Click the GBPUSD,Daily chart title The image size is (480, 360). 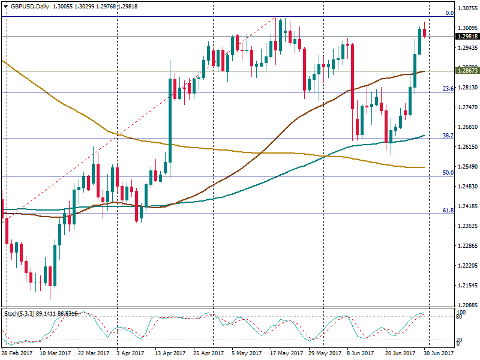point(26,6)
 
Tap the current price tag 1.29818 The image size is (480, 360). point(467,36)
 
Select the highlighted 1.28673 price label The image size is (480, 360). point(467,71)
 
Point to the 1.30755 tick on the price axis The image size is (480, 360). point(467,8)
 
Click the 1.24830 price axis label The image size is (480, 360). point(467,187)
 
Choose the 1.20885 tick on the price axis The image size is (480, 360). point(467,305)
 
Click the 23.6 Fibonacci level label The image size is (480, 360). point(448,89)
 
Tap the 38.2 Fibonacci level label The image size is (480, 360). point(448,136)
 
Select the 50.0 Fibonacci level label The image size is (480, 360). point(448,173)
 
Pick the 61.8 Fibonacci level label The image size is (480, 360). point(448,211)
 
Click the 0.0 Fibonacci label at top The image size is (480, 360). point(449,13)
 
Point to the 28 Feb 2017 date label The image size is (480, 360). point(17,354)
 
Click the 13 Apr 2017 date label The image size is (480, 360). point(170,354)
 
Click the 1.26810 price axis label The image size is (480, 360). point(467,127)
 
